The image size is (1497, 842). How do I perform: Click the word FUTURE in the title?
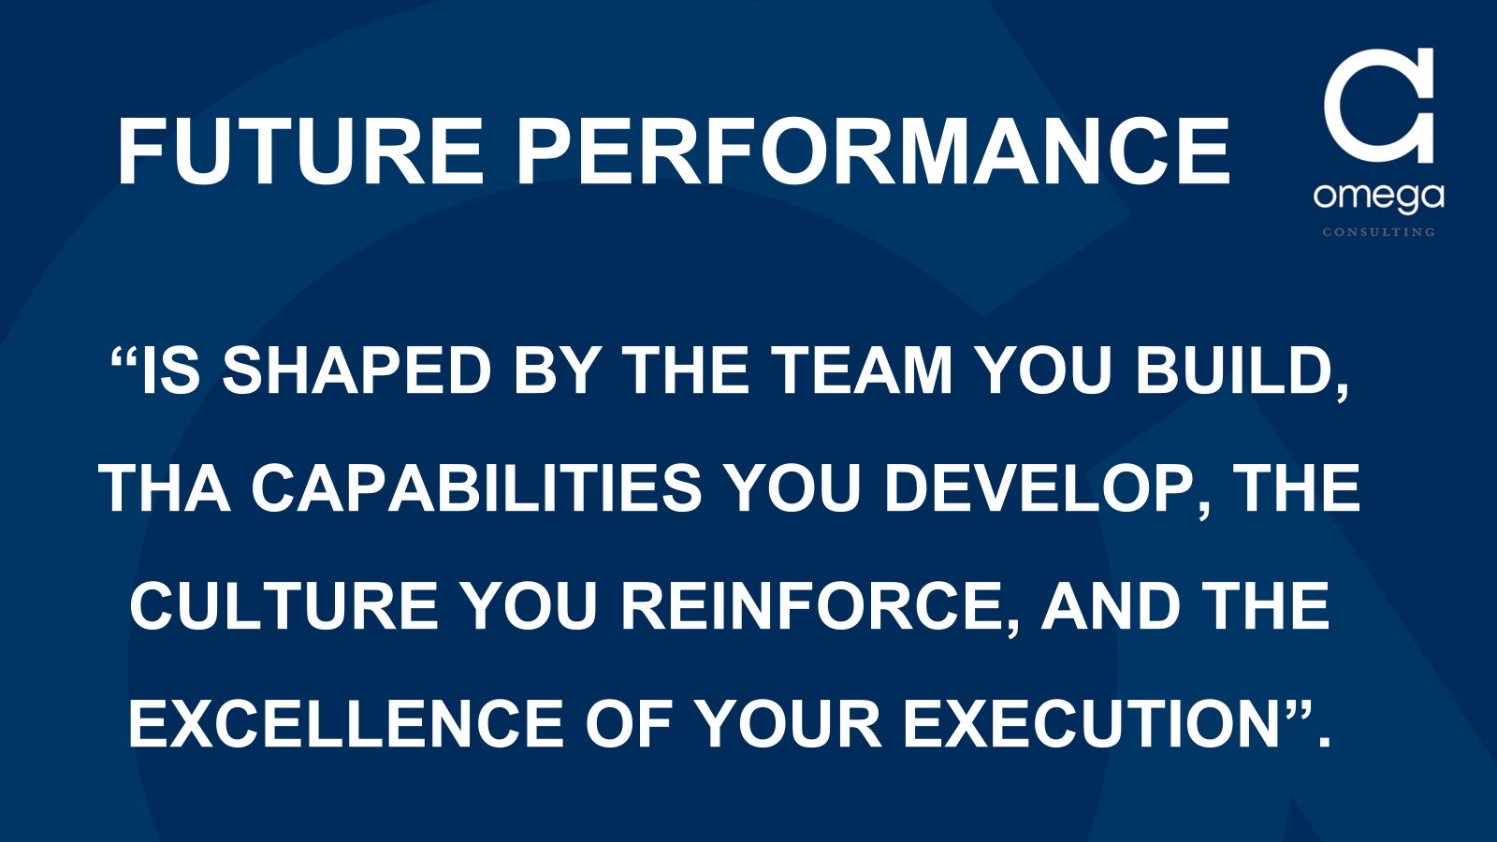300,151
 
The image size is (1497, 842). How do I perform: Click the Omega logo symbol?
1379,106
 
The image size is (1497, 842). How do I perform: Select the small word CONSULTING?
1378,232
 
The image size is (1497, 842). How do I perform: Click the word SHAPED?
356,370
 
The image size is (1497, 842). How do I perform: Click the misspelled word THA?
166,488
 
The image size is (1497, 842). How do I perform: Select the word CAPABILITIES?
476,488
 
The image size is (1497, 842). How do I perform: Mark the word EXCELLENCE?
346,724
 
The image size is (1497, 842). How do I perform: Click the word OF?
628,724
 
